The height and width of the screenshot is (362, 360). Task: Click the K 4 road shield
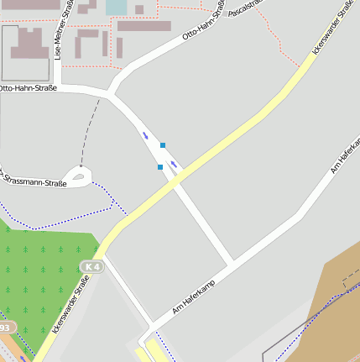pyautogui.click(x=91, y=267)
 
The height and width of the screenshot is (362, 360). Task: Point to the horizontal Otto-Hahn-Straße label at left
pyautogui.click(x=28, y=88)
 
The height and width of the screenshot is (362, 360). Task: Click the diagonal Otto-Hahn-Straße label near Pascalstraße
pyautogui.click(x=204, y=25)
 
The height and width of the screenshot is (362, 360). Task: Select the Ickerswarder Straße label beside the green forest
pyautogui.click(x=70, y=308)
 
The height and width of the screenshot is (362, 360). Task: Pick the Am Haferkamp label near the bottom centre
pyautogui.click(x=194, y=297)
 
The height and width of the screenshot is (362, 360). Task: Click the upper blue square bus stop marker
pyautogui.click(x=163, y=145)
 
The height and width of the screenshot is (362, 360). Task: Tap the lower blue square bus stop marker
pyautogui.click(x=160, y=167)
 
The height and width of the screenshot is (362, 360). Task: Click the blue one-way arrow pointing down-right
pyautogui.click(x=174, y=164)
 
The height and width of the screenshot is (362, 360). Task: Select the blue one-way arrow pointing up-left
pyautogui.click(x=146, y=134)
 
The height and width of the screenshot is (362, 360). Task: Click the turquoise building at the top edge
pyautogui.click(x=116, y=7)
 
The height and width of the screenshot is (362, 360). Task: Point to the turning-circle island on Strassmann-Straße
pyautogui.click(x=79, y=176)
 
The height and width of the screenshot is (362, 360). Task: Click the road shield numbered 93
pyautogui.click(x=4, y=327)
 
